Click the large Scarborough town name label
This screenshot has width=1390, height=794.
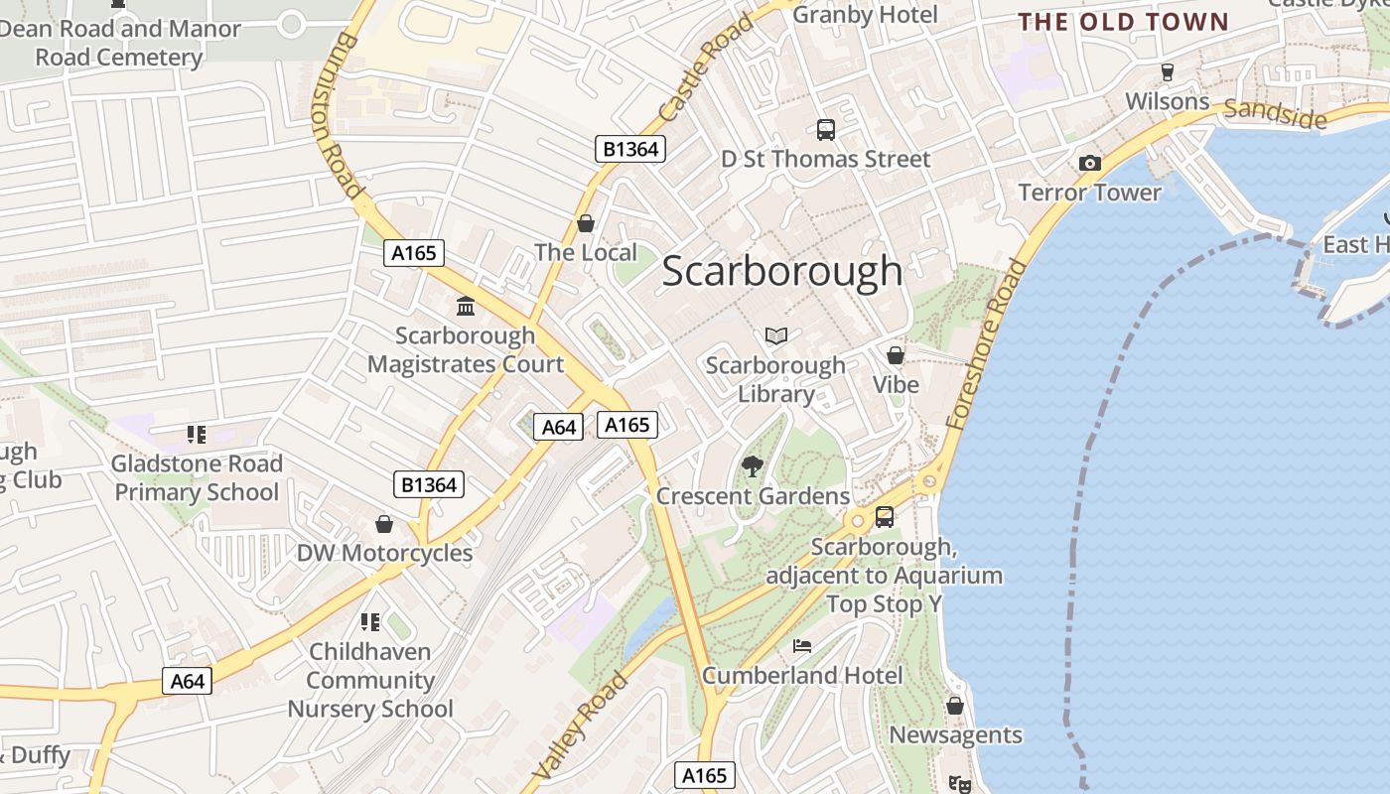(781, 272)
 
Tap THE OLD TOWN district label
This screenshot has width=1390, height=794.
(1123, 22)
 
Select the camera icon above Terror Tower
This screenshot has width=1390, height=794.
(1089, 164)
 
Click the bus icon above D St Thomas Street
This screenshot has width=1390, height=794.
(825, 129)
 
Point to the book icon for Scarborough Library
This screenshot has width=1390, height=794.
(776, 335)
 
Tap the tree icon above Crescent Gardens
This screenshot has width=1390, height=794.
(753, 466)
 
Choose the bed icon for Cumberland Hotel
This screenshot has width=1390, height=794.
(802, 646)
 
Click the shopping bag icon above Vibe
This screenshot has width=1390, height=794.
(896, 355)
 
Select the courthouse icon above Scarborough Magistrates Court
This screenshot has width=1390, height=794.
(465, 306)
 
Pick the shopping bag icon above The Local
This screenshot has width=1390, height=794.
(586, 223)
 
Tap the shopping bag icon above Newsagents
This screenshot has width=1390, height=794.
(954, 706)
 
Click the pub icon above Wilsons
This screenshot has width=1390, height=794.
(1167, 71)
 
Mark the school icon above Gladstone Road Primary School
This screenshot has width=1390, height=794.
(196, 434)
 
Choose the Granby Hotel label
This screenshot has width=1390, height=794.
(865, 15)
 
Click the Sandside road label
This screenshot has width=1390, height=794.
(1275, 114)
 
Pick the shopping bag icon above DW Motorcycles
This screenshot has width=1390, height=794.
(384, 523)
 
